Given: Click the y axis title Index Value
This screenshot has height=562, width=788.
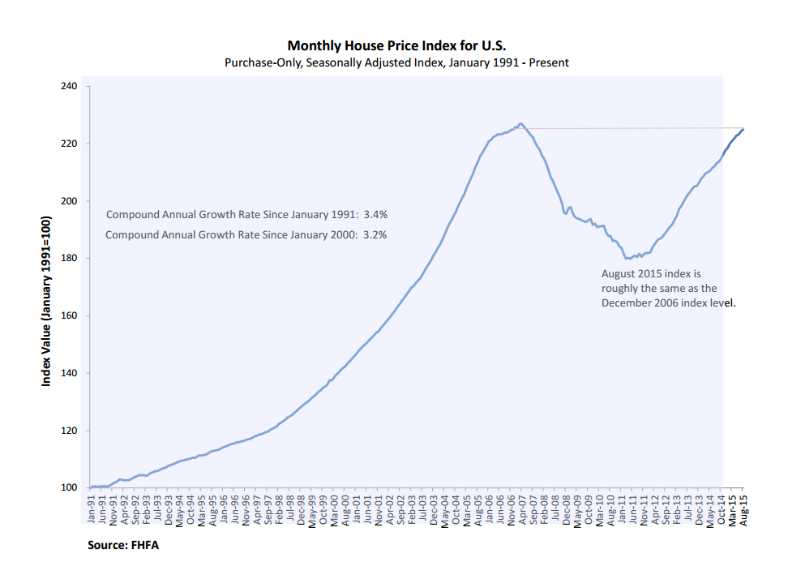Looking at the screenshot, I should click(47, 301).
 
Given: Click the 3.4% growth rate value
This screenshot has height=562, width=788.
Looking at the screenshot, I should click(375, 215).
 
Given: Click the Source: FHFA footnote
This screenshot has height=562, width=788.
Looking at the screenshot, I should click(123, 545).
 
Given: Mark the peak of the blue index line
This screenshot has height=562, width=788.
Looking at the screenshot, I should click(520, 124).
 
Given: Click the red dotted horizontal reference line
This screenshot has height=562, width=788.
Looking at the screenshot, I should click(632, 128).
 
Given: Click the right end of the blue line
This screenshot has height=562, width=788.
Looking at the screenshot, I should click(743, 129).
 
